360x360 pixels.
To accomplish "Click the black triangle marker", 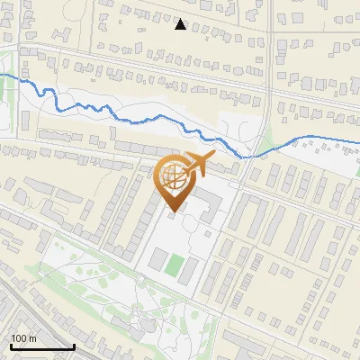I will pyautogui.click(x=181, y=24).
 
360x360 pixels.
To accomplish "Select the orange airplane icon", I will pyautogui.click(x=198, y=166).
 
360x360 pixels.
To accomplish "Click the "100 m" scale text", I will pyautogui.click(x=24, y=338).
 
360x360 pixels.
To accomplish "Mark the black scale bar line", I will pyautogui.click(x=42, y=346).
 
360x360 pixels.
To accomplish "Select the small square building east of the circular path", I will pyautogui.click(x=210, y=229).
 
